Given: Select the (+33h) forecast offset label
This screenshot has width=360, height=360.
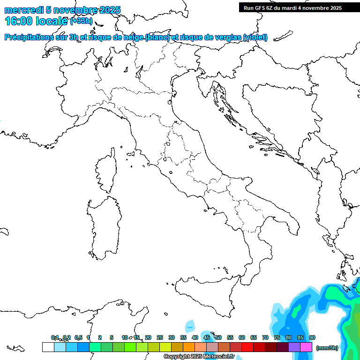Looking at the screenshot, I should (x=81, y=21).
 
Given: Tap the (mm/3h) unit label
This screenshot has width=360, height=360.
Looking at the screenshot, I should (x=327, y=347).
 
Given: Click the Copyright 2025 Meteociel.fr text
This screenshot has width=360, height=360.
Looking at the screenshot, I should (x=199, y=357).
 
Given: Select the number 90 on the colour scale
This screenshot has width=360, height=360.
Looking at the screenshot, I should (x=312, y=337).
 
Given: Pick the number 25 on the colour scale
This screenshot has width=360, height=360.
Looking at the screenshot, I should (x=160, y=337).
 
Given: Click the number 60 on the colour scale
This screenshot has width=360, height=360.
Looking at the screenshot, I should (x=242, y=337).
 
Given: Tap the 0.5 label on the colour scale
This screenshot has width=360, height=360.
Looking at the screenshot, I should (x=78, y=337).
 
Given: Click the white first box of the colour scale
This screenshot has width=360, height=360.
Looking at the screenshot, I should (x=48, y=347).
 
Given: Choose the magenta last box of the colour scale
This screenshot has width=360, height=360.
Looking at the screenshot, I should (x=307, y=347).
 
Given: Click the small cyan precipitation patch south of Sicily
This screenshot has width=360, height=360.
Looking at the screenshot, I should (x=190, y=326).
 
